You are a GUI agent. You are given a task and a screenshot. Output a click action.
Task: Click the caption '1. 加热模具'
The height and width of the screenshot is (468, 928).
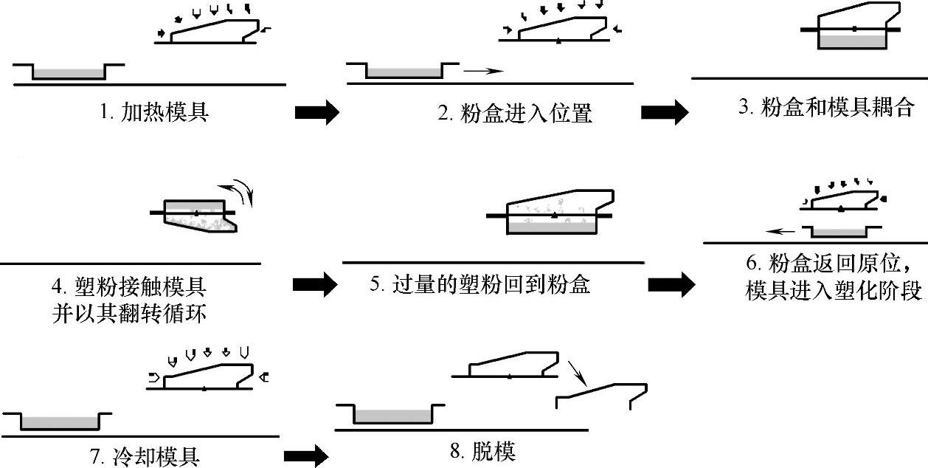[x=154, y=112]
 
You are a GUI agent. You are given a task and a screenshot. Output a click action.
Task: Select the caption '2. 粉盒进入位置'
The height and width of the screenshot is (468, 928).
[x=515, y=113]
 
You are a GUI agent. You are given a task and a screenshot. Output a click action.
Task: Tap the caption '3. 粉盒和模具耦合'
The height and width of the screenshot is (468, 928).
[x=826, y=107]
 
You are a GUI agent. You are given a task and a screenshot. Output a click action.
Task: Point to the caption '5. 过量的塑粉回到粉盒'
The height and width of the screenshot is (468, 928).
[x=480, y=284]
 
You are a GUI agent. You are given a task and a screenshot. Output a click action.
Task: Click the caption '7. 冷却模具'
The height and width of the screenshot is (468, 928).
[x=145, y=456]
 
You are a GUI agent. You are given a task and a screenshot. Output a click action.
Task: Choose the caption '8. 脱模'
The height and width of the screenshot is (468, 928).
[x=482, y=451]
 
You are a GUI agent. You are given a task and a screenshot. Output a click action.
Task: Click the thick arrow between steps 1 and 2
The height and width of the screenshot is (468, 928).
[x=317, y=112]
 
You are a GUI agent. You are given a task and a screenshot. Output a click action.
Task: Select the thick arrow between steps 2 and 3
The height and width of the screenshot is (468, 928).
[x=665, y=112]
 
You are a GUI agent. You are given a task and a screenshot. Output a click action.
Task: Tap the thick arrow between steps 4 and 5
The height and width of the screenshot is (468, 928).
[x=315, y=285]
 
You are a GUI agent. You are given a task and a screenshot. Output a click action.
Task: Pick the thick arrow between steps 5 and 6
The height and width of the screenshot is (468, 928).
[x=671, y=285]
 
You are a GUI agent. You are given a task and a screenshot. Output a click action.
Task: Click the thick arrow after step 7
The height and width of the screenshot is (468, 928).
[x=307, y=456]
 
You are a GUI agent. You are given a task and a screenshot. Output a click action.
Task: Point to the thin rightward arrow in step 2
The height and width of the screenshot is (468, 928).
[x=483, y=71]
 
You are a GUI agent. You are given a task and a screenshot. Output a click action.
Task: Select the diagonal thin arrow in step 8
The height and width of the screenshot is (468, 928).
[x=577, y=373]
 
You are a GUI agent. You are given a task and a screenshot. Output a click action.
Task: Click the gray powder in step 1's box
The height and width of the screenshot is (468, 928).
[x=69, y=73]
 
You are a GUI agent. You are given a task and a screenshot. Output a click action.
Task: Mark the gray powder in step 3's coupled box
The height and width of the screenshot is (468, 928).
[x=852, y=41]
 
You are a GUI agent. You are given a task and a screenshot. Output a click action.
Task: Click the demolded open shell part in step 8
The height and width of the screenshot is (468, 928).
[x=601, y=396]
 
